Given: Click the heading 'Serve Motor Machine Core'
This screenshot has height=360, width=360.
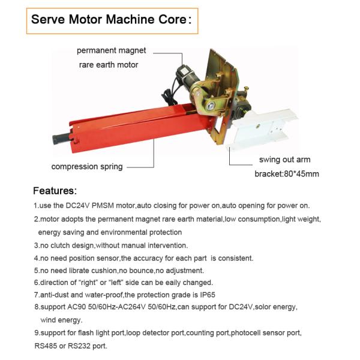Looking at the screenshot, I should (x=111, y=19).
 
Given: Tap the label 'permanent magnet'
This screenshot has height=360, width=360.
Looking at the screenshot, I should (x=110, y=50).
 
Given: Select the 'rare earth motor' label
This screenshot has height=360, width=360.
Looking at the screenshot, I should (x=109, y=64).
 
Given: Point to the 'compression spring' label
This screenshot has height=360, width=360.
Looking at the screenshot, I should (x=86, y=166).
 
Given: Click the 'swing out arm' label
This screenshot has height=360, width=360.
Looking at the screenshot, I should (x=285, y=160).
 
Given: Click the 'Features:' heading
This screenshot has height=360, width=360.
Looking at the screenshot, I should (x=55, y=191).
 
